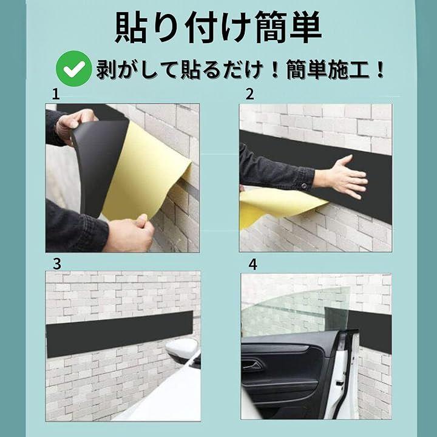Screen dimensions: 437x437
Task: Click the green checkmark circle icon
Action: [x=73, y=69]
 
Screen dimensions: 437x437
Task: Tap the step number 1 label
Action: [x=56, y=95]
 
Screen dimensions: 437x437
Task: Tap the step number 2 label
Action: [x=249, y=94]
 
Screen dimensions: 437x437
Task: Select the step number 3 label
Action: [x=57, y=264]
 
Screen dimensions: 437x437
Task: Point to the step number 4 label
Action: [x=252, y=265]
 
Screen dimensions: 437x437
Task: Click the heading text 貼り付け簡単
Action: [x=218, y=27]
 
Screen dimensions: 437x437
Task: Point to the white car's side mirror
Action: [x=181, y=350]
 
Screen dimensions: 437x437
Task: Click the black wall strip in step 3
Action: [x=120, y=334]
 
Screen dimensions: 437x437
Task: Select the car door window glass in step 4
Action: [x=296, y=312]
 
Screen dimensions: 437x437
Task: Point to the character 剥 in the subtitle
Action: [x=106, y=70]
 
